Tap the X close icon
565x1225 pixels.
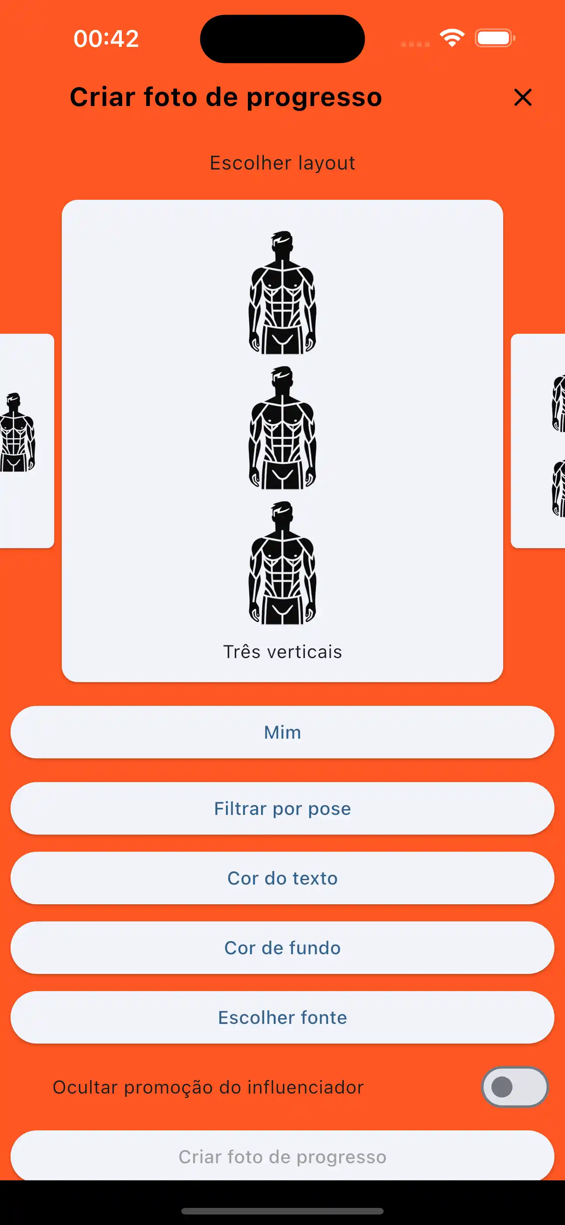pos(523,98)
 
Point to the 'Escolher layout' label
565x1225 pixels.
pos(282,163)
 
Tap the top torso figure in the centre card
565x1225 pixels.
pos(282,293)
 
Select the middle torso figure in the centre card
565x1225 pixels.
pos(282,428)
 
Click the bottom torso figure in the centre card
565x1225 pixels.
pos(282,563)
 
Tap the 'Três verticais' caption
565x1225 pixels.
pos(282,652)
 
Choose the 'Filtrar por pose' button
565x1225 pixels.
pos(282,808)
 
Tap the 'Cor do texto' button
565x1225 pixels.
pos(282,878)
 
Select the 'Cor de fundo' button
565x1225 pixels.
pos(282,948)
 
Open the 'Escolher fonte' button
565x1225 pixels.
pos(282,1018)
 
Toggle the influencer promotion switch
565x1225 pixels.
pos(515,1087)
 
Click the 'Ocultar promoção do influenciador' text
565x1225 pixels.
pos(208,1087)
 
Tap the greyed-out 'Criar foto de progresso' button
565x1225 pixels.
pos(282,1157)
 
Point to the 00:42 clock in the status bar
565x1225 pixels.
pos(106,39)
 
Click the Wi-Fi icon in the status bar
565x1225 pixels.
pos(452,38)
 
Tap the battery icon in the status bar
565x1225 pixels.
pos(494,38)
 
